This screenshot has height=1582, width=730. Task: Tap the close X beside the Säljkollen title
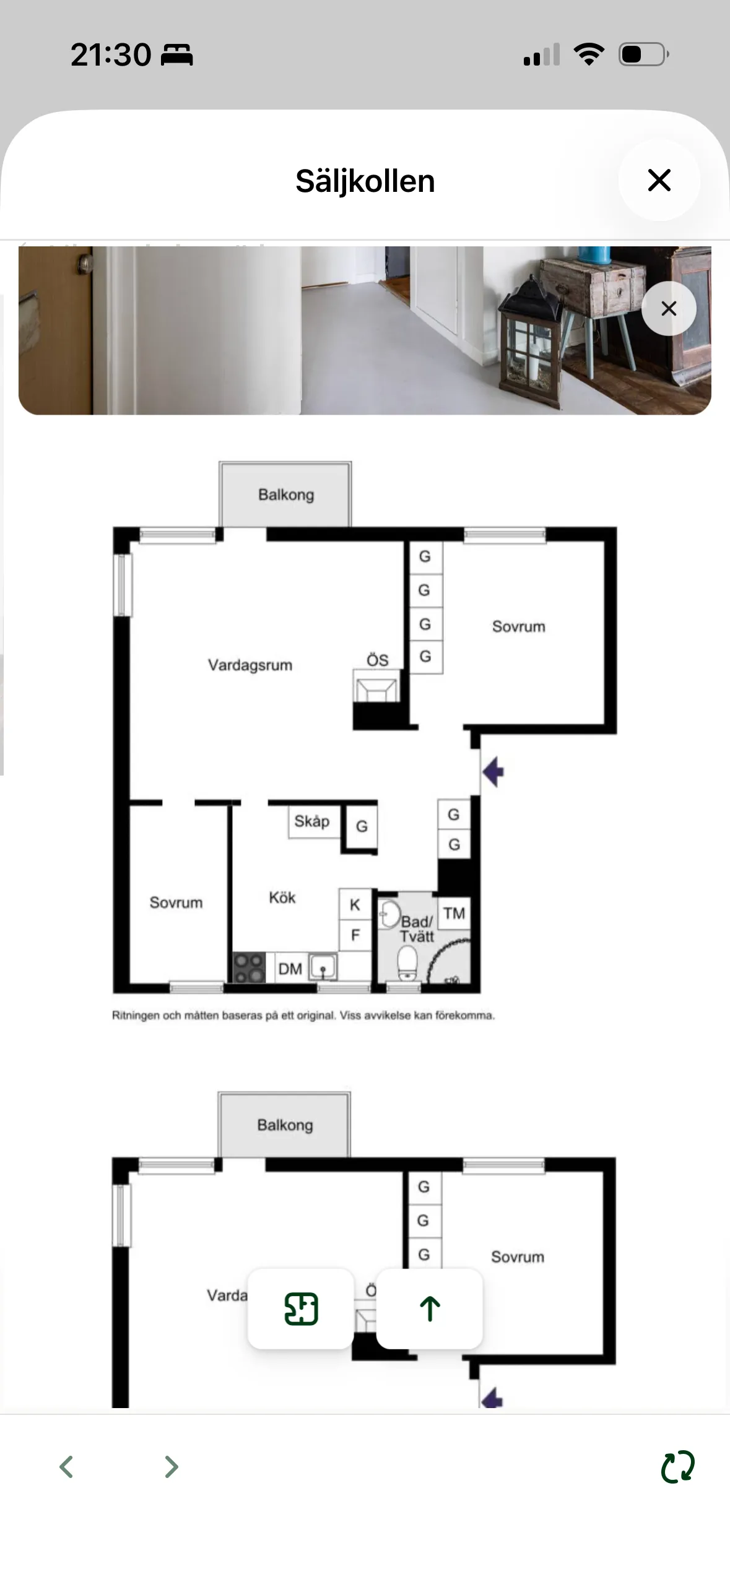pyautogui.click(x=659, y=180)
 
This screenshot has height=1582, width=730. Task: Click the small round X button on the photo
pyautogui.click(x=669, y=308)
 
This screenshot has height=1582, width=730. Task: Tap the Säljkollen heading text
pyautogui.click(x=365, y=181)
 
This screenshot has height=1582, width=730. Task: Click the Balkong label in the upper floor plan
pyautogui.click(x=286, y=495)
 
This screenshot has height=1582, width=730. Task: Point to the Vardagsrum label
pyautogui.click(x=250, y=665)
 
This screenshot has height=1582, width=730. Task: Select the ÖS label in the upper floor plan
pyautogui.click(x=378, y=660)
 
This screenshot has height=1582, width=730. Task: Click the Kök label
pyautogui.click(x=282, y=897)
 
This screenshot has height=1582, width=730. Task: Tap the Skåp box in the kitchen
pyautogui.click(x=313, y=822)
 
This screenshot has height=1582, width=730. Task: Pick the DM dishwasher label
pyautogui.click(x=290, y=969)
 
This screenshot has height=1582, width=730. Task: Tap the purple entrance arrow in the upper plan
pyautogui.click(x=493, y=772)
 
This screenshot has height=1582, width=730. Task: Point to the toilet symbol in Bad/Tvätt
pyautogui.click(x=407, y=964)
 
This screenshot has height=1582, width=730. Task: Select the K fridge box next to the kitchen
pyautogui.click(x=355, y=905)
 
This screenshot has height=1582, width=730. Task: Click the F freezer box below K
pyautogui.click(x=355, y=935)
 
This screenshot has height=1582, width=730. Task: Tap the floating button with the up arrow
pyautogui.click(x=429, y=1309)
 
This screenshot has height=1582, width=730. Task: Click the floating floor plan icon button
pyautogui.click(x=301, y=1309)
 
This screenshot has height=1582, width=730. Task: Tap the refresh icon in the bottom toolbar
pyautogui.click(x=678, y=1467)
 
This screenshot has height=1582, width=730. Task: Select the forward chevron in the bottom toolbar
pyautogui.click(x=172, y=1467)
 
